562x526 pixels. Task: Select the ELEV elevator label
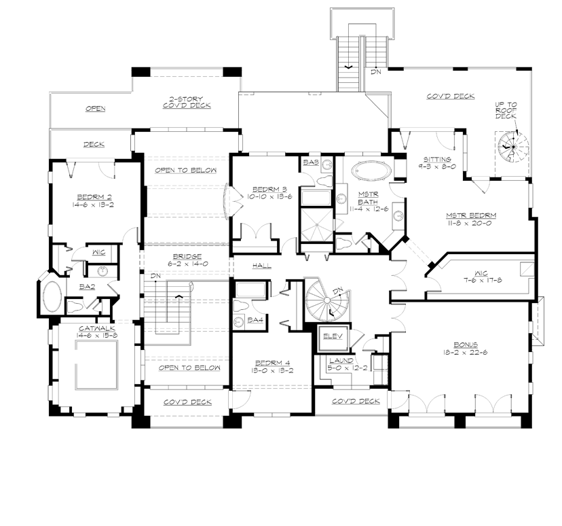pyautogui.click(x=333, y=336)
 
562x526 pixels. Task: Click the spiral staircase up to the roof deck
pyautogui.click(x=512, y=145)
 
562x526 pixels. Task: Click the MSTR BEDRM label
pyautogui.click(x=470, y=215)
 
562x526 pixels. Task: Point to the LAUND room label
pyautogui.click(x=339, y=360)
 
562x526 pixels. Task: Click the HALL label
pyautogui.click(x=262, y=265)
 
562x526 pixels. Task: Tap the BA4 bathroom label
pyautogui.click(x=255, y=319)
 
